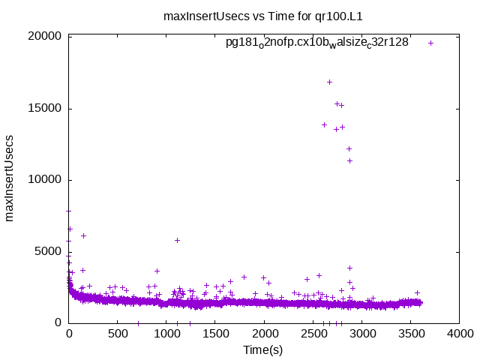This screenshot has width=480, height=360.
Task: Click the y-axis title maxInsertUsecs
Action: click(x=10, y=178)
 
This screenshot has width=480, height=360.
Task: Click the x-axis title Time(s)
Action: click(x=262, y=349)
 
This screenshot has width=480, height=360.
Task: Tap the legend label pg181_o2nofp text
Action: click(x=316, y=43)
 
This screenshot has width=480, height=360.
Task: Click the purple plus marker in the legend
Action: click(x=430, y=43)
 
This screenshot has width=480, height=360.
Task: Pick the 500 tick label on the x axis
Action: click(x=118, y=334)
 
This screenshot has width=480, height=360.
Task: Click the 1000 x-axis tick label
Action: click(x=166, y=334)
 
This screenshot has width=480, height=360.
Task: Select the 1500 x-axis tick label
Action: click(x=216, y=334)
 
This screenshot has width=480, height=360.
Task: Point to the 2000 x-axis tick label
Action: click(x=265, y=334)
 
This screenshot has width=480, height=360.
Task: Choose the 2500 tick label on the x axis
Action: click(x=313, y=334)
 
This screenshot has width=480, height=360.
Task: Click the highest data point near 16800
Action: click(x=329, y=82)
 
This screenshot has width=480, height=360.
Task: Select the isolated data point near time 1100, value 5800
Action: click(x=177, y=240)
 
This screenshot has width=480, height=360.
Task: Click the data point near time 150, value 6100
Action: click(x=83, y=235)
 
